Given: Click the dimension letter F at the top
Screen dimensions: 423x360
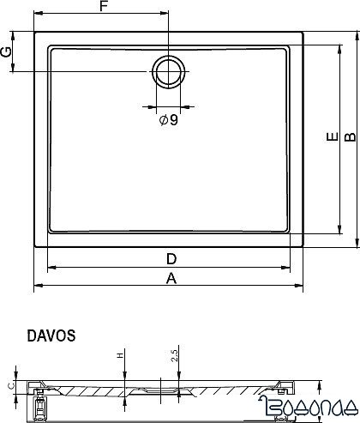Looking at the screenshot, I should (103, 8).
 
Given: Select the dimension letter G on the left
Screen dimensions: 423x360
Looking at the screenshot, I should (7, 52).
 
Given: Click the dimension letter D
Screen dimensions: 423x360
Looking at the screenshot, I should (171, 258).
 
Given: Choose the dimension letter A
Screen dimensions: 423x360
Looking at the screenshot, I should (171, 277).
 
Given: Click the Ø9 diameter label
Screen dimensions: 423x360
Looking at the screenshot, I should (168, 120).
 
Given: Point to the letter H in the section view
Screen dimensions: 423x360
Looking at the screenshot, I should (120, 356).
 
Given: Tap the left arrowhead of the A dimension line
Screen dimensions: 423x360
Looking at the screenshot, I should (38, 286).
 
